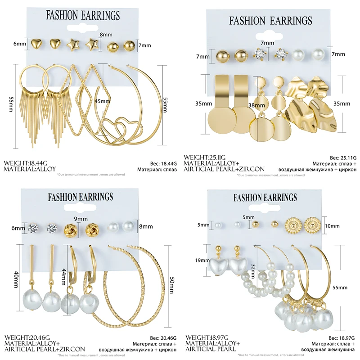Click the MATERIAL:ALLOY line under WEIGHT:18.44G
pos(30,169)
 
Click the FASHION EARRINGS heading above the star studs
pos(83,16)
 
